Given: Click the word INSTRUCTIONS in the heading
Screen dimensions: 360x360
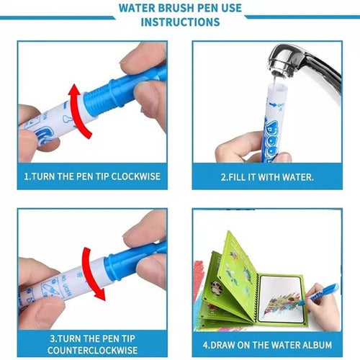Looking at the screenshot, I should coord(180,22).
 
